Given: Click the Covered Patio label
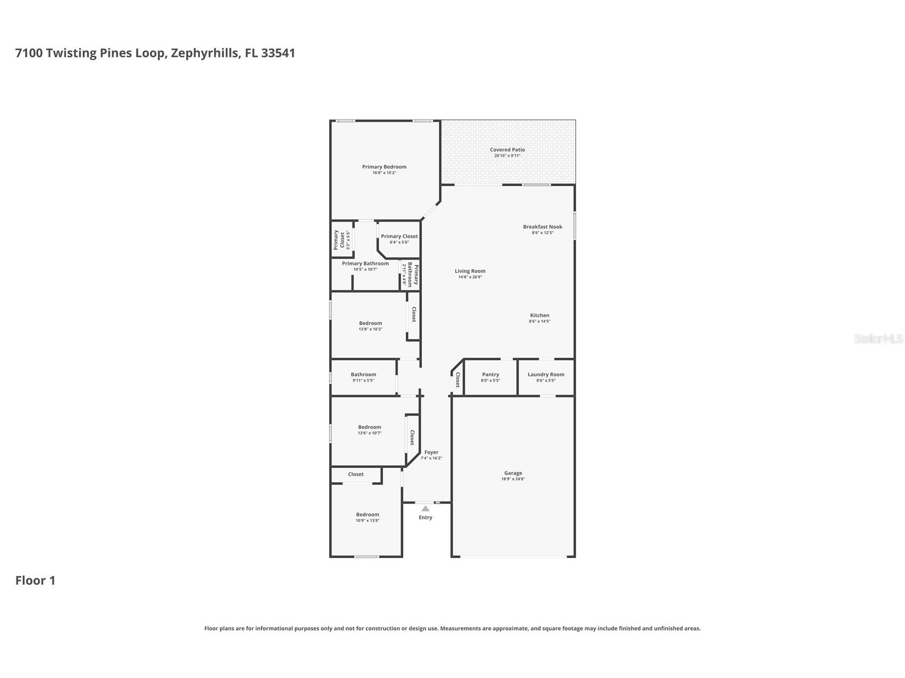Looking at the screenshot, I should pos(507,150).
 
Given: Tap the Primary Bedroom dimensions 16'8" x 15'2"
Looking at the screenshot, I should pos(384,173).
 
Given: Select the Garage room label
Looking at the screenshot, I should pos(513,473).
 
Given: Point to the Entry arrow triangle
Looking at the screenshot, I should pos(425,509).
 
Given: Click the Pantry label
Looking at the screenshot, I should pos(490,374).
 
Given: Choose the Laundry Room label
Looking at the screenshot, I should pos(546,374).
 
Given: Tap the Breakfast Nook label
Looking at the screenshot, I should pos(542,227).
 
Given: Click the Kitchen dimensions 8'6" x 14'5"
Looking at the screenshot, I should pos(539,321).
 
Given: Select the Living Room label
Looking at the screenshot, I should pos(470,271).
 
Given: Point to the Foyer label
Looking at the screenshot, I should pos(431,452).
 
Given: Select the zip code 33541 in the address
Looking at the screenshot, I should pos(278,53).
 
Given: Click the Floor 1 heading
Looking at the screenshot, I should pos(35,580).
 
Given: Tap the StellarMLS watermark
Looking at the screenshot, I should pos(878,338).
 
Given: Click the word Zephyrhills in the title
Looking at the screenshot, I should pos(205,53).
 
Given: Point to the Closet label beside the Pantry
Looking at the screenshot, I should pos(458,380).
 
